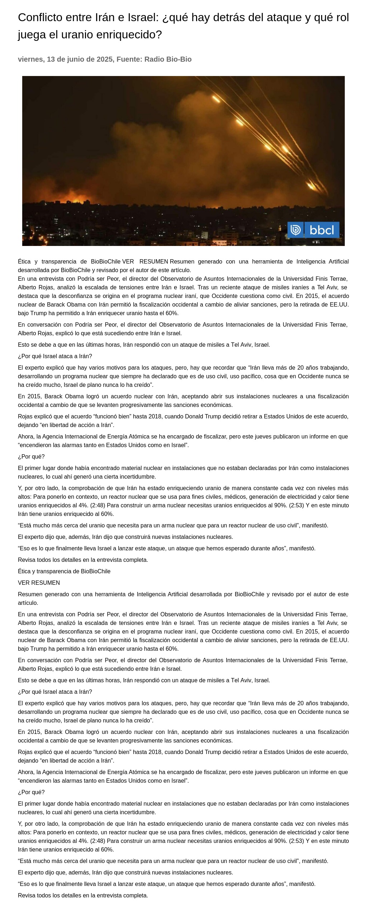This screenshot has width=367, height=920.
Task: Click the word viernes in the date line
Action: coord(30,59)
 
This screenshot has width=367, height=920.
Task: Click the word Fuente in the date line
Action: coord(129,59)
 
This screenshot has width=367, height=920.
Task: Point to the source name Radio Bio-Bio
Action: coord(168,59)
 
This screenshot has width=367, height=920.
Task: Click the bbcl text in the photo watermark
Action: coord(321,230)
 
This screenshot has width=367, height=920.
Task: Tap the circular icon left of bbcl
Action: coord(295,230)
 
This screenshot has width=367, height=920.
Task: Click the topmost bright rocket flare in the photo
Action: coord(216,99)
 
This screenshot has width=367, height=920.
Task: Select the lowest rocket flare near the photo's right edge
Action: coord(311,185)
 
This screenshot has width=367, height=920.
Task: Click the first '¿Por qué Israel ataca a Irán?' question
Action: coord(55,356)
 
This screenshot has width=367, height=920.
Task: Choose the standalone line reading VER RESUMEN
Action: coord(39,583)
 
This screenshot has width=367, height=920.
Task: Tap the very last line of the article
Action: coord(83,895)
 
